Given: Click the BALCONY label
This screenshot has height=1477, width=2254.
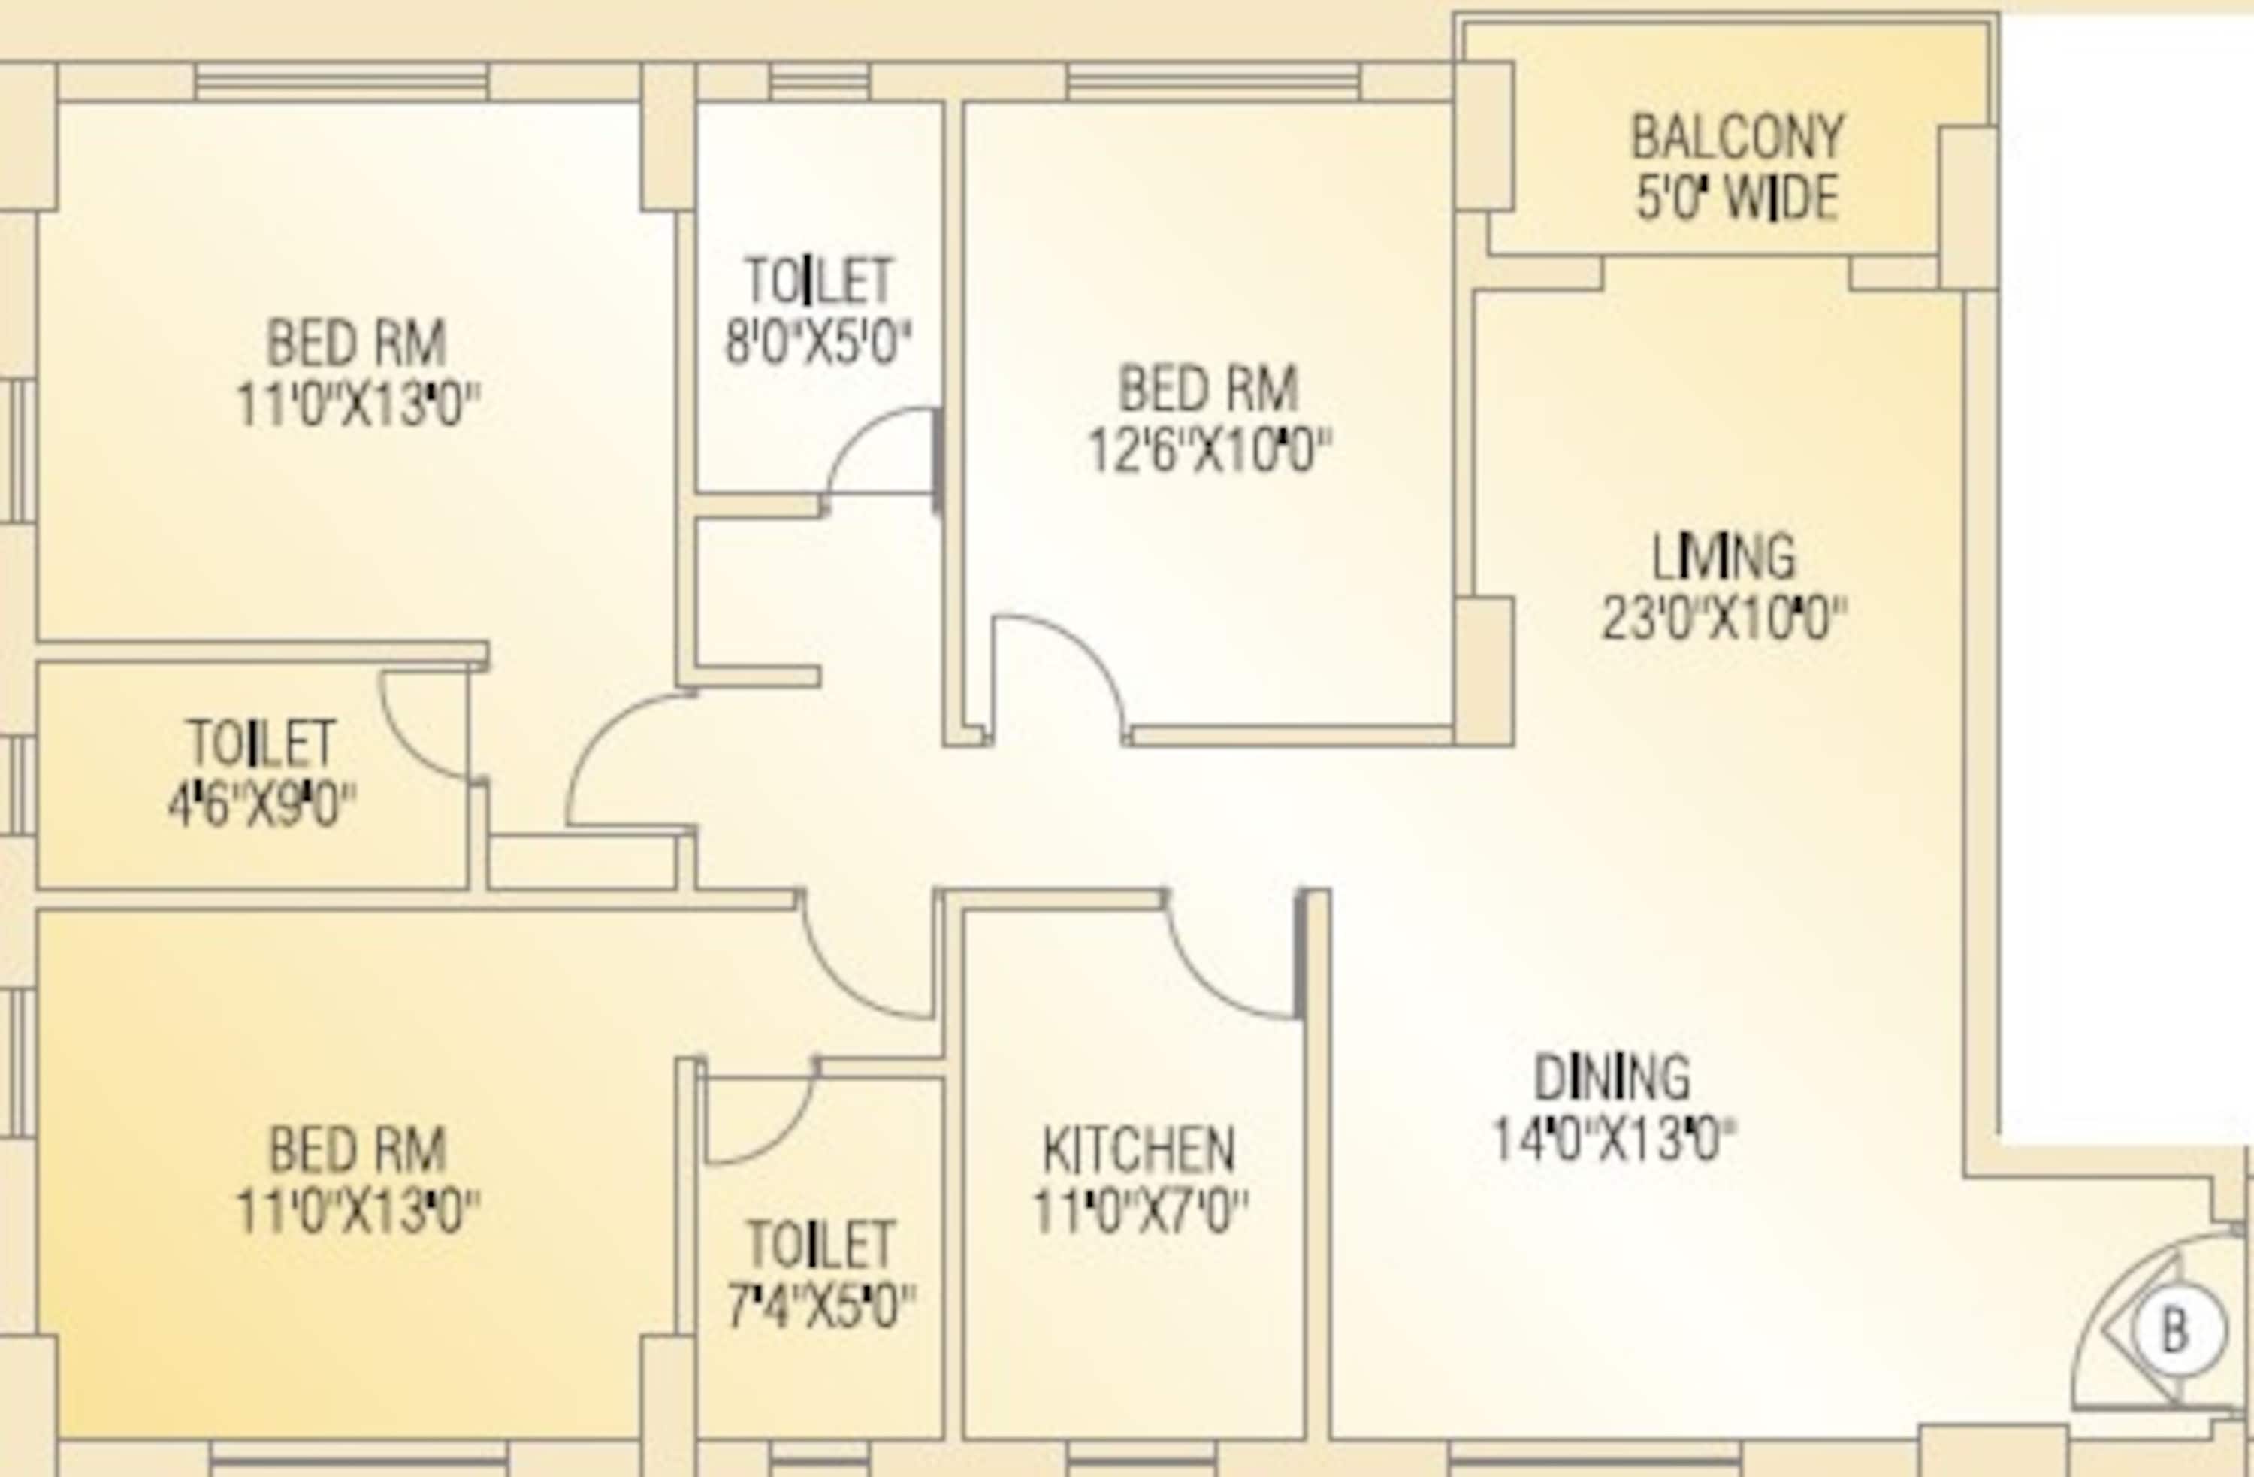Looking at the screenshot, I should click(1737, 138).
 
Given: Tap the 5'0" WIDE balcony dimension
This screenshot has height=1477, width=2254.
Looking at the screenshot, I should click(1737, 199).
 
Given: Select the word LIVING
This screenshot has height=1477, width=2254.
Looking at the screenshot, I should click(1723, 557).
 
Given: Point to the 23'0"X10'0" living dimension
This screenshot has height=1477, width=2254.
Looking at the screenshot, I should click(1723, 619).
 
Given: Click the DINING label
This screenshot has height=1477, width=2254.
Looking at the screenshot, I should click(1611, 1078).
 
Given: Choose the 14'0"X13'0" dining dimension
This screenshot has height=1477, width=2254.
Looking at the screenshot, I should click(1614, 1140).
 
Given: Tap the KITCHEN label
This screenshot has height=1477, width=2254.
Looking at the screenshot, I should click(1138, 1150).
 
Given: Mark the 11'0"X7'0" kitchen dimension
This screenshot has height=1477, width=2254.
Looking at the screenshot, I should click(1139, 1212).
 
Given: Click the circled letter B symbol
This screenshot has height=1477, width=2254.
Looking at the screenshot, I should click(2177, 1329).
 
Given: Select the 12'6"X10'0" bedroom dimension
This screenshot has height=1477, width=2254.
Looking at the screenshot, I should click(1208, 450).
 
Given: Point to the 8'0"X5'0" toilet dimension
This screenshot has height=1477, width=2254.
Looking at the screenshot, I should click(817, 343).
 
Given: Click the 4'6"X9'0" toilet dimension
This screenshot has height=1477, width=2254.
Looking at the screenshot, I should click(261, 807).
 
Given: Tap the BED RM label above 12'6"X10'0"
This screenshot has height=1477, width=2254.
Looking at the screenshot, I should click(1208, 389).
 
